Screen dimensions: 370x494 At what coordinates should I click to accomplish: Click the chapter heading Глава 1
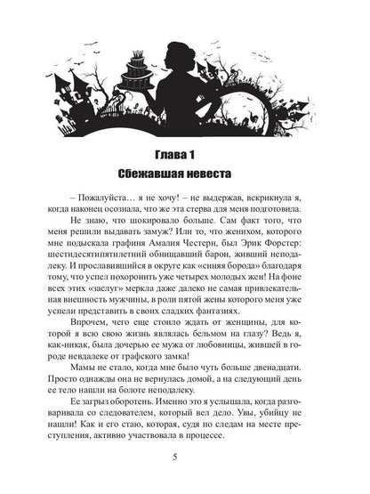pyautogui.click(x=184, y=147)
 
